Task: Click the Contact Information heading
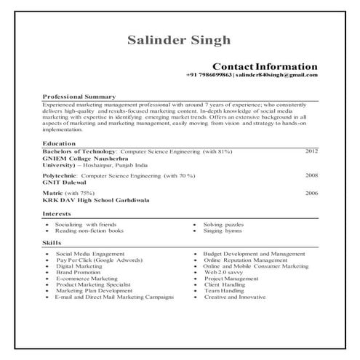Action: tap(264, 66)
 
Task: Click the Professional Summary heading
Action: tap(79, 96)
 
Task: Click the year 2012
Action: tap(311, 151)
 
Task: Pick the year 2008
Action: tap(311, 175)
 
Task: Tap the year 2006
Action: tap(311, 193)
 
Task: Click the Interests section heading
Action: tap(57, 214)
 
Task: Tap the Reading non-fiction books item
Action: tap(89, 231)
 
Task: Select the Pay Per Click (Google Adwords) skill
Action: tap(100, 260)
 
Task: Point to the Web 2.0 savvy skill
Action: tap(225, 272)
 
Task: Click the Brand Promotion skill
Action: tap(80, 272)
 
